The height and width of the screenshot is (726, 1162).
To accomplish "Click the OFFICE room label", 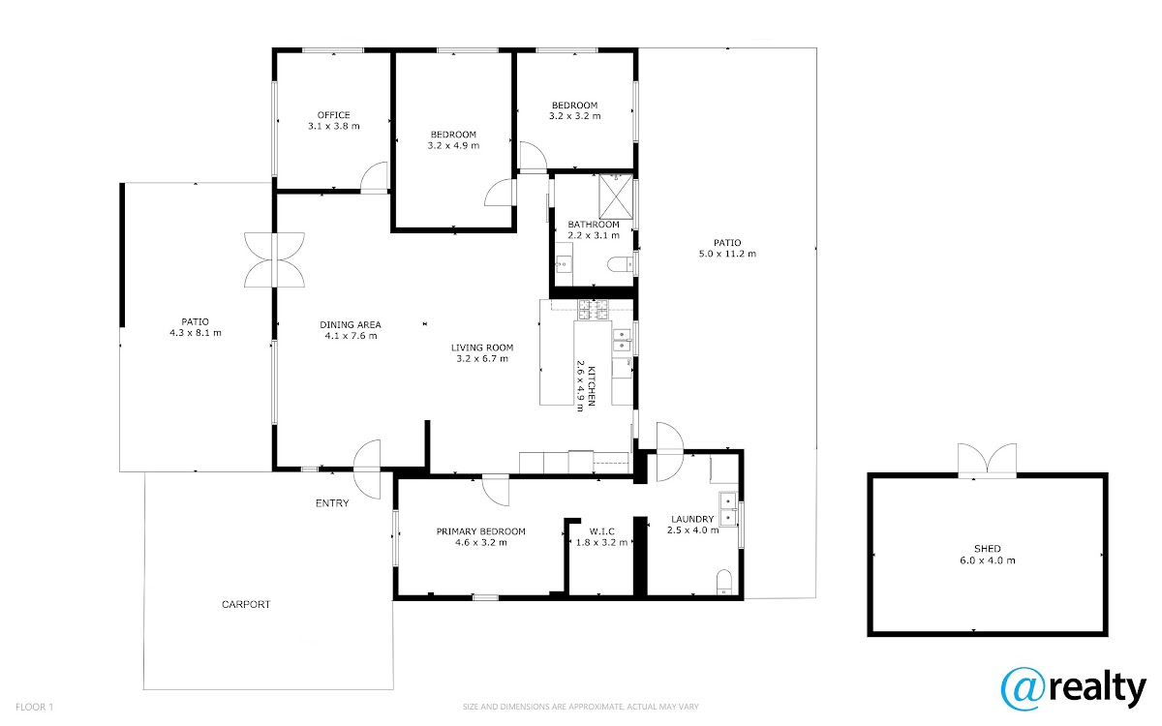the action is [x=333, y=115].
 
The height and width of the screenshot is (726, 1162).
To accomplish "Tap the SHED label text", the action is [x=987, y=549].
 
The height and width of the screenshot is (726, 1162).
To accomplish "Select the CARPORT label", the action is [x=246, y=604].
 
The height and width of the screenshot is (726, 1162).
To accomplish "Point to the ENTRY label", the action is [x=332, y=503].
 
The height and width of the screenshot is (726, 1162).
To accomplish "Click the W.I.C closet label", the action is [x=601, y=531].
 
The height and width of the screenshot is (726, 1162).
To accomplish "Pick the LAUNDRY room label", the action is [x=692, y=519].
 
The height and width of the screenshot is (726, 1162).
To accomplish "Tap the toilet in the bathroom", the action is [x=620, y=264].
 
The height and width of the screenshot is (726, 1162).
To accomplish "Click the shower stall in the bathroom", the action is [x=616, y=197].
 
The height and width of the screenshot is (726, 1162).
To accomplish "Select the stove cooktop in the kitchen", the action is [x=593, y=310].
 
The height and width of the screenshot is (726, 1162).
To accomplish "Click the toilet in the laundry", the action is [x=723, y=583].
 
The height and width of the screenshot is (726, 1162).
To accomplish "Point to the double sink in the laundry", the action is [x=728, y=509].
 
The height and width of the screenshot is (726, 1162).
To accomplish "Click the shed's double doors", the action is [x=987, y=461].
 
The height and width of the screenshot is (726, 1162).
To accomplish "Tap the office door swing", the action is [x=374, y=177].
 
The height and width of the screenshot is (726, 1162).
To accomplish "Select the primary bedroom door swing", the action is [x=496, y=490].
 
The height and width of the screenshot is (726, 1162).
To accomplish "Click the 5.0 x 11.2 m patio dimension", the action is [x=727, y=254].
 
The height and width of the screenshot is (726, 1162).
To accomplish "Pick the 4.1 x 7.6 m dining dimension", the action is [x=351, y=336].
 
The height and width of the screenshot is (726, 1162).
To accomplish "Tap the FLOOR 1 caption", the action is [x=34, y=707].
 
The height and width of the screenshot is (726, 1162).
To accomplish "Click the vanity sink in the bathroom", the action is [x=564, y=264].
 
